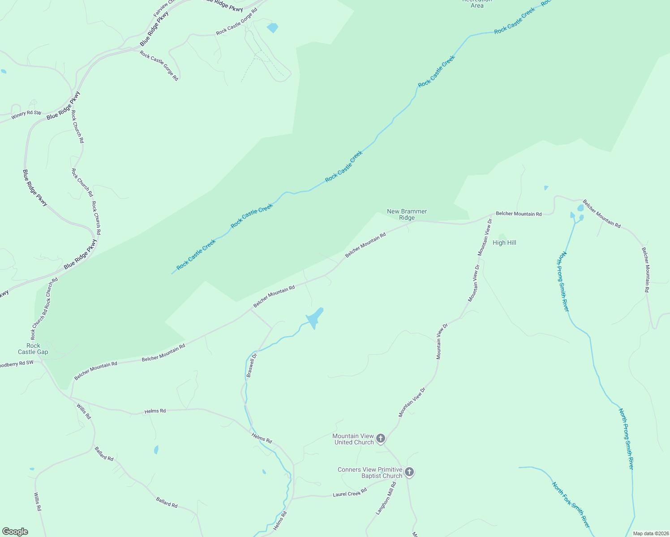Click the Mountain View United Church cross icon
click(x=381, y=438)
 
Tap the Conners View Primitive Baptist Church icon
click(x=409, y=472)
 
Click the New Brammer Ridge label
click(x=407, y=214)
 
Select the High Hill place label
click(x=504, y=243)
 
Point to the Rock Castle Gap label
click(x=33, y=349)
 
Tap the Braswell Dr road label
click(x=252, y=365)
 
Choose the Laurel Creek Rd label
click(x=350, y=492)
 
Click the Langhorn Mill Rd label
click(x=386, y=498)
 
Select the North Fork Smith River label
click(x=571, y=505)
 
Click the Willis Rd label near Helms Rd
click(x=84, y=411)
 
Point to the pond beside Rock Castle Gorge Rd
click(x=272, y=28)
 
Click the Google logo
click(x=15, y=532)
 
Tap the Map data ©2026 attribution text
click(x=649, y=533)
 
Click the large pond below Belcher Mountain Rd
click(x=314, y=318)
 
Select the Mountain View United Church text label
click(x=353, y=439)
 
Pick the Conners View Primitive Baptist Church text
click(x=370, y=473)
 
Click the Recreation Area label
click(x=477, y=4)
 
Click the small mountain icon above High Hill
click(x=502, y=236)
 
